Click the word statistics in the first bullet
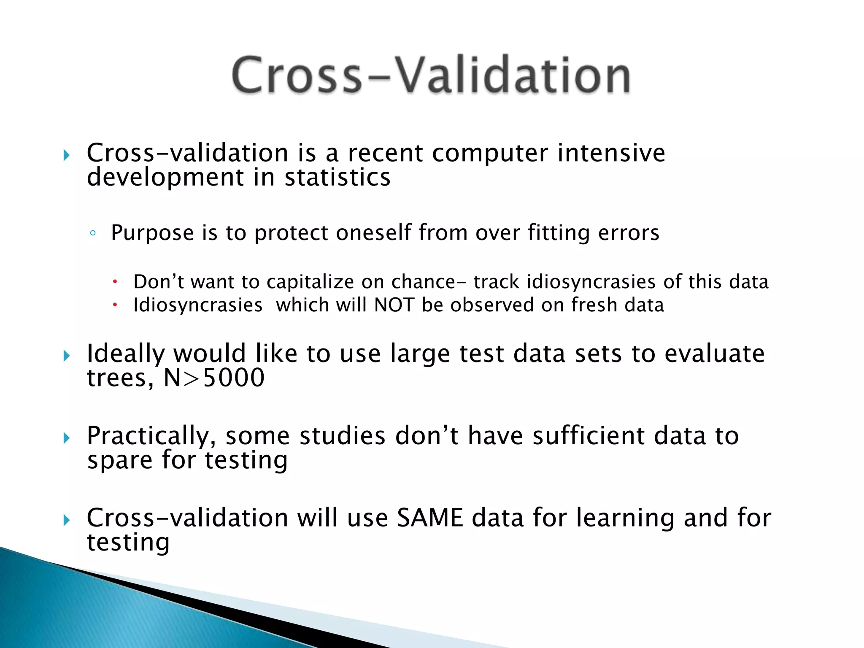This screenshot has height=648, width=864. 337,177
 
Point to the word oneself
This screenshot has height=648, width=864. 373,233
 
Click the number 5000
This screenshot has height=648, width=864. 234,378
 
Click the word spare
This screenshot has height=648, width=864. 119,461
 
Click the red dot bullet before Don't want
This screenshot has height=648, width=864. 114,282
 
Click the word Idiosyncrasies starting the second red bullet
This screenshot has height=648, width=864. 198,305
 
